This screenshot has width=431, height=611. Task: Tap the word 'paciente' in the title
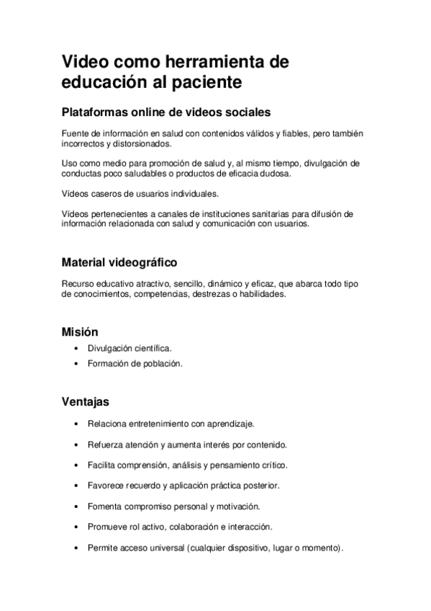coord(206,82)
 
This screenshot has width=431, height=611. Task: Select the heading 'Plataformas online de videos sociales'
coord(165,112)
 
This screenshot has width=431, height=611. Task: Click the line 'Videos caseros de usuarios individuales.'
coord(140,194)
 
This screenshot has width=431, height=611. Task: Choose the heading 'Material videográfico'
coord(119,262)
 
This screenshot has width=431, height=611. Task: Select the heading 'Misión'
coord(80,332)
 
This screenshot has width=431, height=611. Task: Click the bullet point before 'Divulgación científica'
coord(77,349)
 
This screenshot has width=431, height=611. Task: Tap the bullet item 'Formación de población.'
coord(135,364)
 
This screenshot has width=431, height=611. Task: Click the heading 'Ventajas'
coord(86,401)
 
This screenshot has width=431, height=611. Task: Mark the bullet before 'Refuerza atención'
coord(77,445)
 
